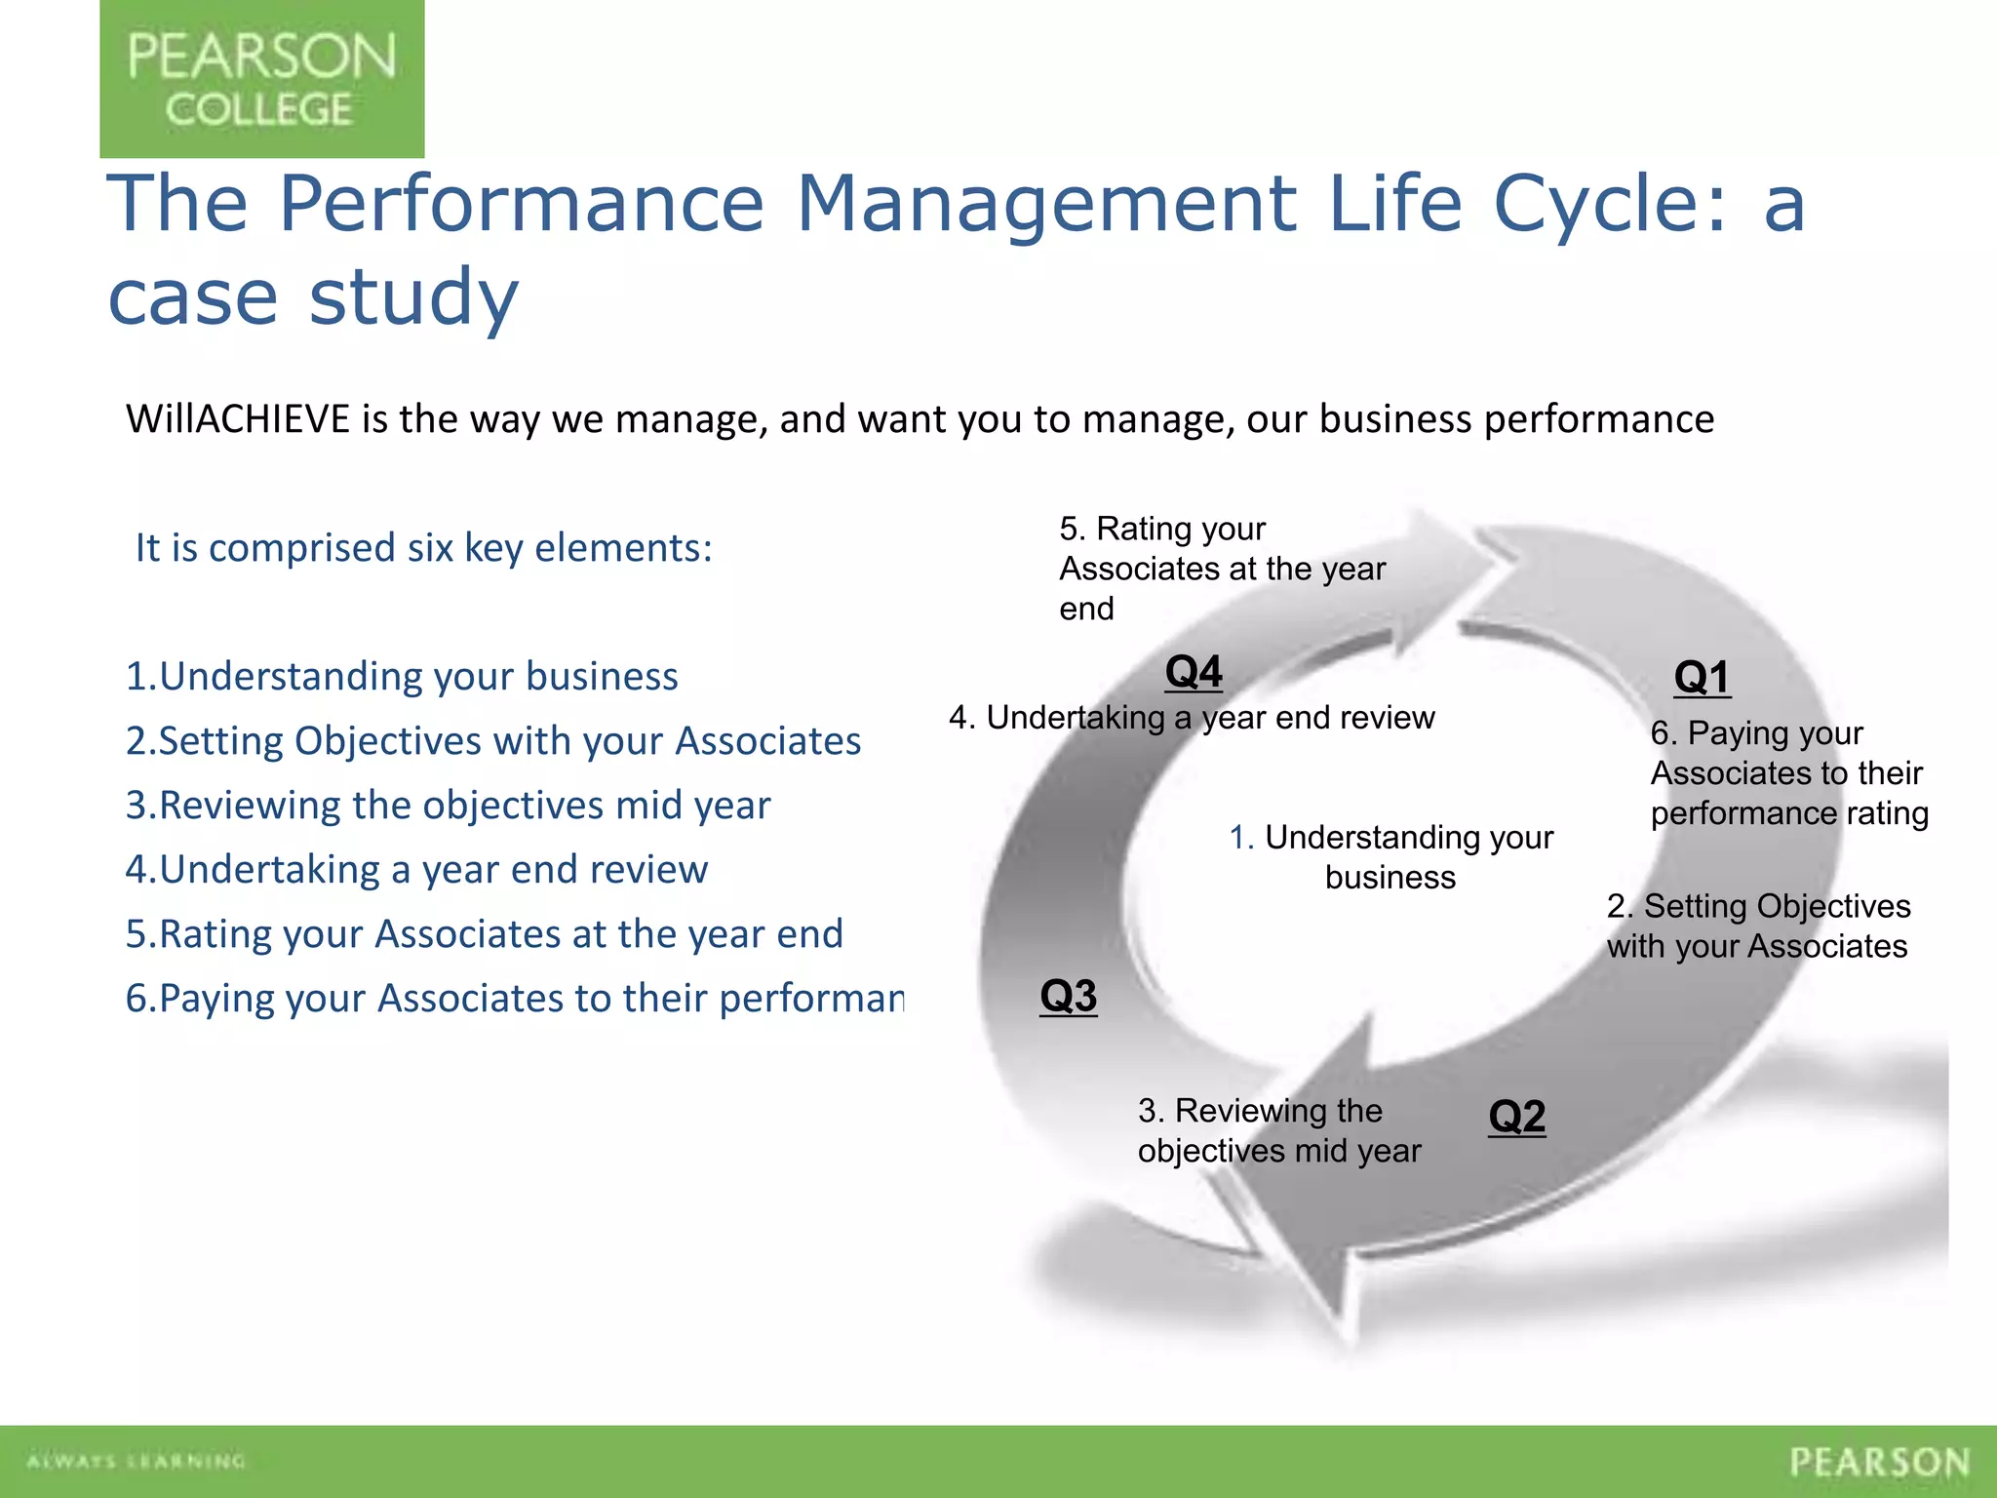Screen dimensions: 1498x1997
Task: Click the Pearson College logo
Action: (261, 79)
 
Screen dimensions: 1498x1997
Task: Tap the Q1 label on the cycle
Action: (1702, 677)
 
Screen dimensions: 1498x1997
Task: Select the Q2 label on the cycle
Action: (1516, 1116)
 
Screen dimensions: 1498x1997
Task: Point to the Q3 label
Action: (1068, 996)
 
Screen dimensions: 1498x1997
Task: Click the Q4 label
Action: (1194, 671)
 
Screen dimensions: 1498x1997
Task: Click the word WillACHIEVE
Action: (237, 419)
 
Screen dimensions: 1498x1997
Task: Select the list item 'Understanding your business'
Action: (402, 676)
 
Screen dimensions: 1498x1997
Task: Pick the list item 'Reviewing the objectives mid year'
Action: (448, 805)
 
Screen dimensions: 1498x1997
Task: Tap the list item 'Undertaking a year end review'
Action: (416, 869)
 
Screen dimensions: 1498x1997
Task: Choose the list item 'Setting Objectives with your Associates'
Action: (492, 740)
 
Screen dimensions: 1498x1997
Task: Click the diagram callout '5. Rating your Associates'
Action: (1221, 569)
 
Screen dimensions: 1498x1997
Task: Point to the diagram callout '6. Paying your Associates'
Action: (1788, 772)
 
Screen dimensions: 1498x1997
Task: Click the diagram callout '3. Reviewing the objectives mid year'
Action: (1278, 1130)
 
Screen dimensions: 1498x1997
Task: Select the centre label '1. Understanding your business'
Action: (1390, 856)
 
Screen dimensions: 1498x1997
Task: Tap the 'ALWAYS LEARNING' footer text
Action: (137, 1461)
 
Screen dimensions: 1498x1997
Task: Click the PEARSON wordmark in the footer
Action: (1879, 1462)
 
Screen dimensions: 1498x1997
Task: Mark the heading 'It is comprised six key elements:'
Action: (423, 548)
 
